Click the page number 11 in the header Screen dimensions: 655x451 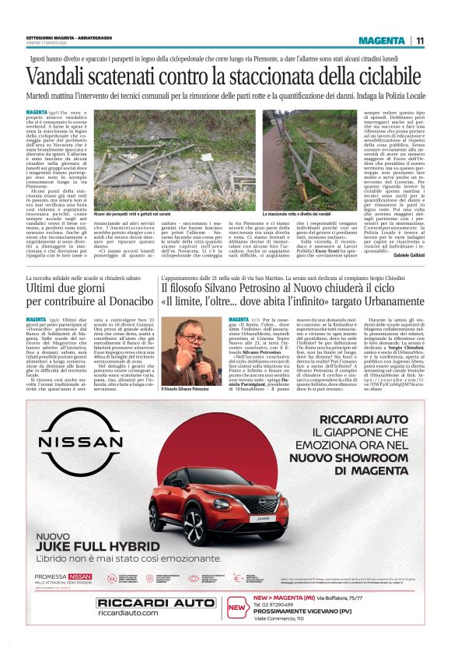(x=420, y=40)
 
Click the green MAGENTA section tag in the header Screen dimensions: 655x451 (x=382, y=40)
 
